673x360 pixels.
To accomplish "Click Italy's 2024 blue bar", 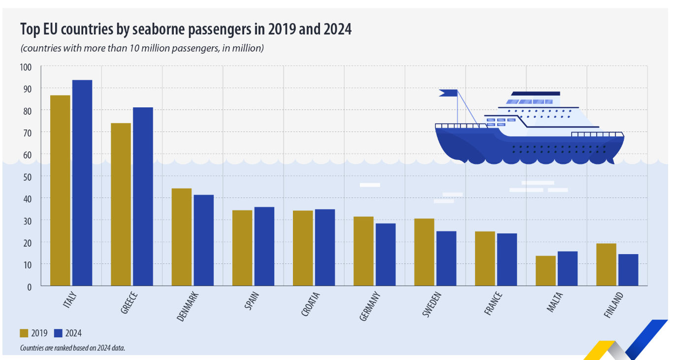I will (82, 183).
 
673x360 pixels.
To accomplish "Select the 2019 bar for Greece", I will (121, 204).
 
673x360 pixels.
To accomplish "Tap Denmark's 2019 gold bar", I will (181, 237).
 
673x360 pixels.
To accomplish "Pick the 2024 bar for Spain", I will (264, 246).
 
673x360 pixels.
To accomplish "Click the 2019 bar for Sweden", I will (424, 252).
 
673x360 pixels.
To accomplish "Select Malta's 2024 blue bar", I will (567, 268).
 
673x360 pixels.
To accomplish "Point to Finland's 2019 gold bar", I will (606, 264).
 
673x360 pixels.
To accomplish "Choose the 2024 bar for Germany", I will (385, 255).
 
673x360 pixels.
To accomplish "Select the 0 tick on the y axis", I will (30, 286).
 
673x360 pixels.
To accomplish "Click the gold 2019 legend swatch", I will (24, 333).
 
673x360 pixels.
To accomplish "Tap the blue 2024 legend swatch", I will (59, 333).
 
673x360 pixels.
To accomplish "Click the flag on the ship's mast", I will (449, 93).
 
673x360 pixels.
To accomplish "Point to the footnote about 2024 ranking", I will (73, 348).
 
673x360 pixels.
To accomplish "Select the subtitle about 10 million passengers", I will (142, 48).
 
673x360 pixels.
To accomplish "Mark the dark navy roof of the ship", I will (536, 93).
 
